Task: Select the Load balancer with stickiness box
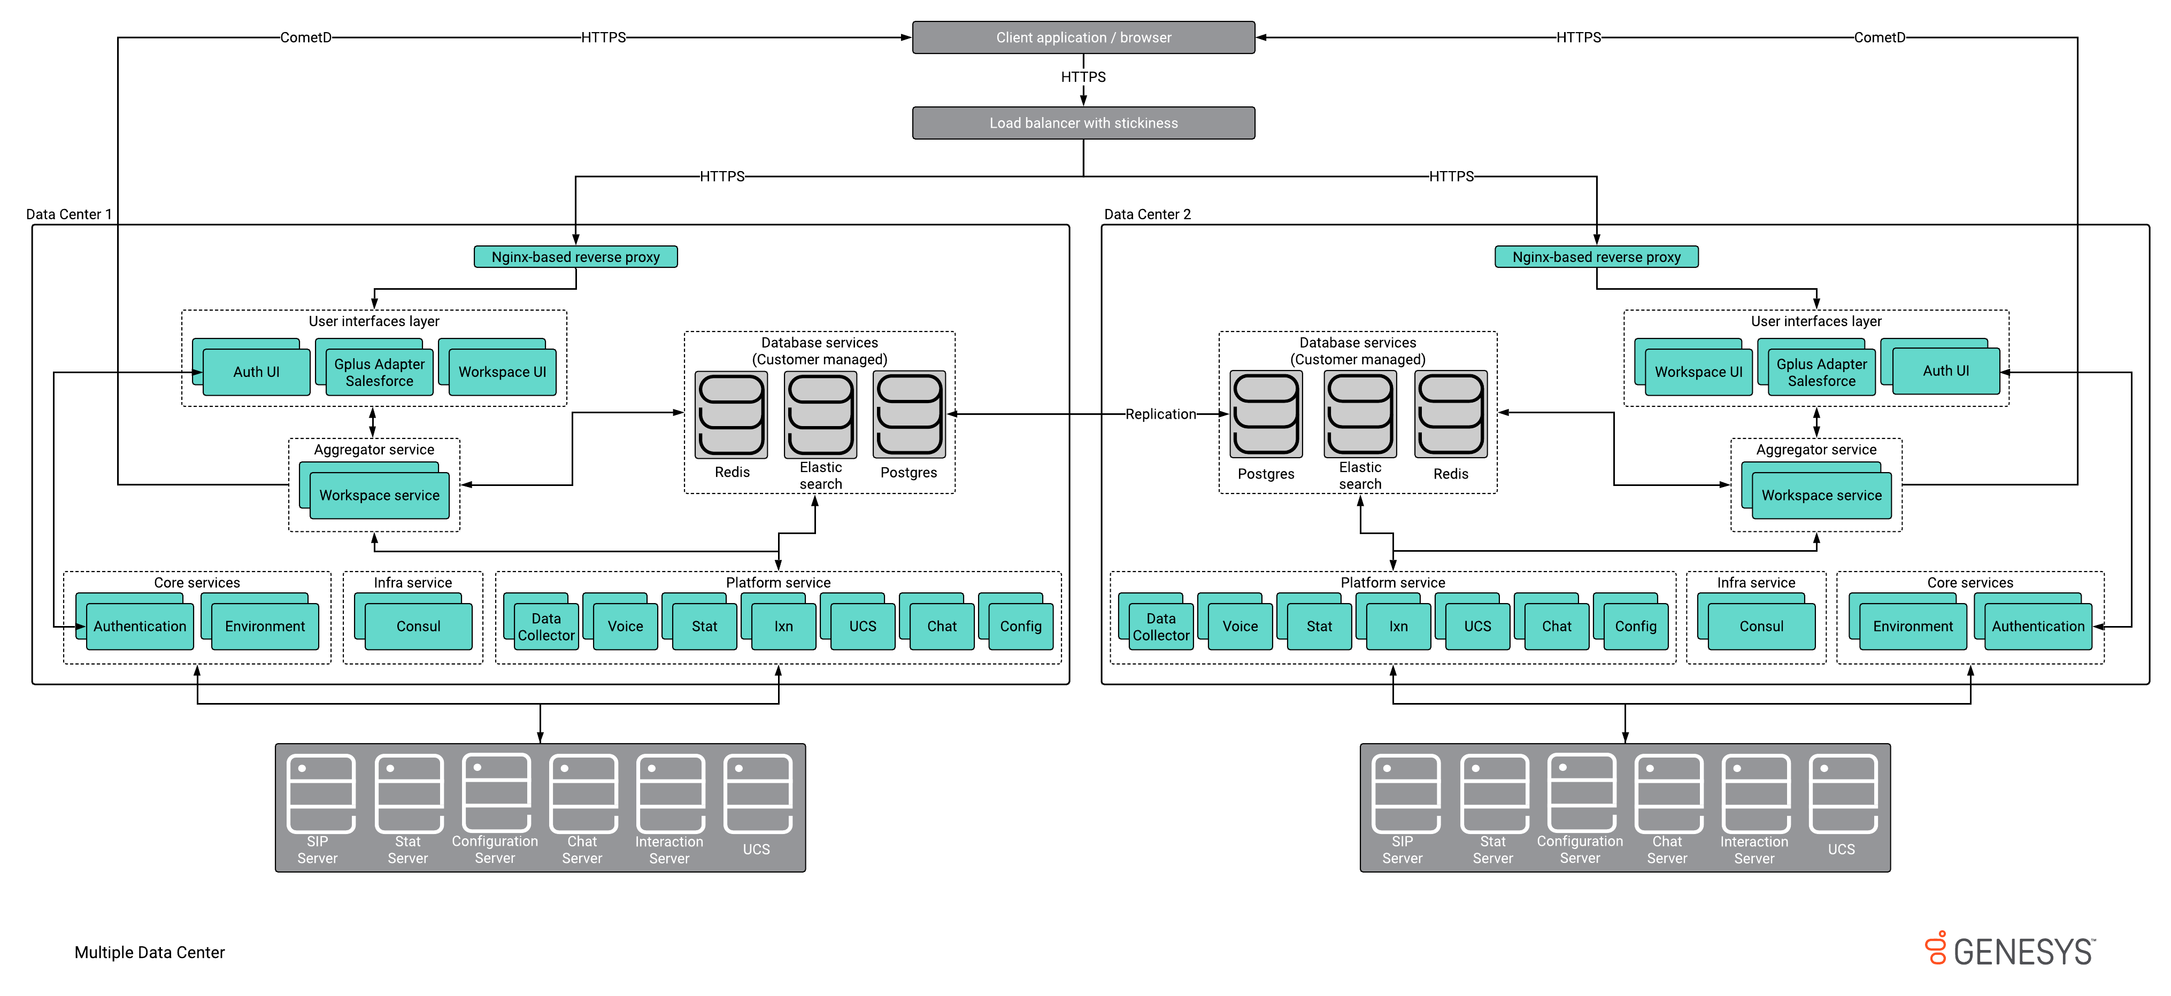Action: (1083, 123)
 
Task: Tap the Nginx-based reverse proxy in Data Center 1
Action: (575, 257)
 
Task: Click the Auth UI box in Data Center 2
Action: (1945, 372)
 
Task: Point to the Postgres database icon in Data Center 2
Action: (1265, 414)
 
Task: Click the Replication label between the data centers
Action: (1160, 414)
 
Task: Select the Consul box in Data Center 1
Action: (418, 626)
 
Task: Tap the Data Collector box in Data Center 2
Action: (1160, 627)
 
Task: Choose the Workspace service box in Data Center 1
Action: (379, 496)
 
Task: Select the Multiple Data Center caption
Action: (149, 952)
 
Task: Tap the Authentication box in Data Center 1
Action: (140, 626)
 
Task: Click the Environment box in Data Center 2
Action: (1912, 626)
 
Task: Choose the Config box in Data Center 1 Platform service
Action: (1021, 626)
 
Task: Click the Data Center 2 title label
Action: (1147, 214)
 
